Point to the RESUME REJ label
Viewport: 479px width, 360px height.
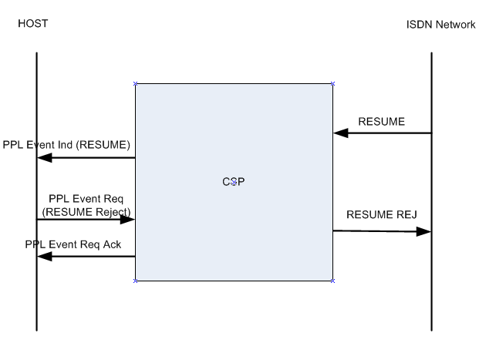coord(383,214)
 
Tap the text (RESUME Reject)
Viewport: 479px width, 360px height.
coord(86,210)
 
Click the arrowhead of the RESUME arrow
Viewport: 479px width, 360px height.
coord(339,133)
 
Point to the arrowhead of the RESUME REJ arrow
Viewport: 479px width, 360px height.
coord(425,230)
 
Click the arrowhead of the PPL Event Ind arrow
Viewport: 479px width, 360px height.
coord(44,159)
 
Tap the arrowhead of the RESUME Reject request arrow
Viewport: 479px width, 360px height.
coord(129,220)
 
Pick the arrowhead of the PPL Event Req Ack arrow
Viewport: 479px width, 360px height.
coord(44,257)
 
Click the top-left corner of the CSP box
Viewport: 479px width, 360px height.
coord(136,83)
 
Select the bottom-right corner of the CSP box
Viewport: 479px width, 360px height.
coord(333,281)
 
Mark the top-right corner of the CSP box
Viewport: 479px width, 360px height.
coord(333,83)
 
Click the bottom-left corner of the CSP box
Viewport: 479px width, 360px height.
coord(136,281)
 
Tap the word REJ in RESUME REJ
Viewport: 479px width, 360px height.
coord(407,214)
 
